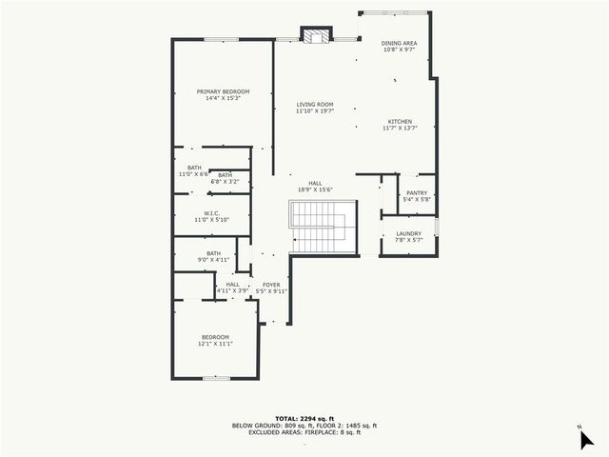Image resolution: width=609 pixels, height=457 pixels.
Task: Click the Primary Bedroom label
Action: coord(217,94)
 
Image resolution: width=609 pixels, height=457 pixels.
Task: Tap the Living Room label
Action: coord(314,108)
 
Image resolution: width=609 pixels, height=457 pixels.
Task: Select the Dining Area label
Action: coord(399,47)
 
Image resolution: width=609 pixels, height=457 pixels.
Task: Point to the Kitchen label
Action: coord(400,125)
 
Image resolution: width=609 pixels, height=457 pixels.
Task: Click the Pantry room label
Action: coord(417,196)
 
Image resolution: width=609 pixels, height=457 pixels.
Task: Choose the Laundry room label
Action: coord(408,236)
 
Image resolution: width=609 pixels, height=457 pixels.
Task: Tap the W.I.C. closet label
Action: coord(212,215)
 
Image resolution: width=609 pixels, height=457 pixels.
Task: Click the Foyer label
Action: coord(271,288)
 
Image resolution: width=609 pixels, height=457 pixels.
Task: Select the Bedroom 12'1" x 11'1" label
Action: coord(215,340)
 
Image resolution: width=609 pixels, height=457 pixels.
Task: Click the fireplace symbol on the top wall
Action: coord(314,35)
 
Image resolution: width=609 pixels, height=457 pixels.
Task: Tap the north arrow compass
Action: coord(586,437)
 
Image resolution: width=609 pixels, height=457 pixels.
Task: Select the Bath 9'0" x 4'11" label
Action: coord(213,256)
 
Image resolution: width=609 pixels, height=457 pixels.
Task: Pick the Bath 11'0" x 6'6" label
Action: coord(193,171)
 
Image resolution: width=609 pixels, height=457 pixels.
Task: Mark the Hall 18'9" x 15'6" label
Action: coord(315,187)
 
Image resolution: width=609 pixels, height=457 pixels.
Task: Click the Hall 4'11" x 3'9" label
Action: coord(232,288)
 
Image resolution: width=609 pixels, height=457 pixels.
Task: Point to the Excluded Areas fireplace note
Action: coord(304,433)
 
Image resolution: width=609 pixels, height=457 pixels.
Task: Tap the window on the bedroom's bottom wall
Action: coord(215,378)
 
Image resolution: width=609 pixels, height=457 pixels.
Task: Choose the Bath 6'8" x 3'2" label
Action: coord(225,177)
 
